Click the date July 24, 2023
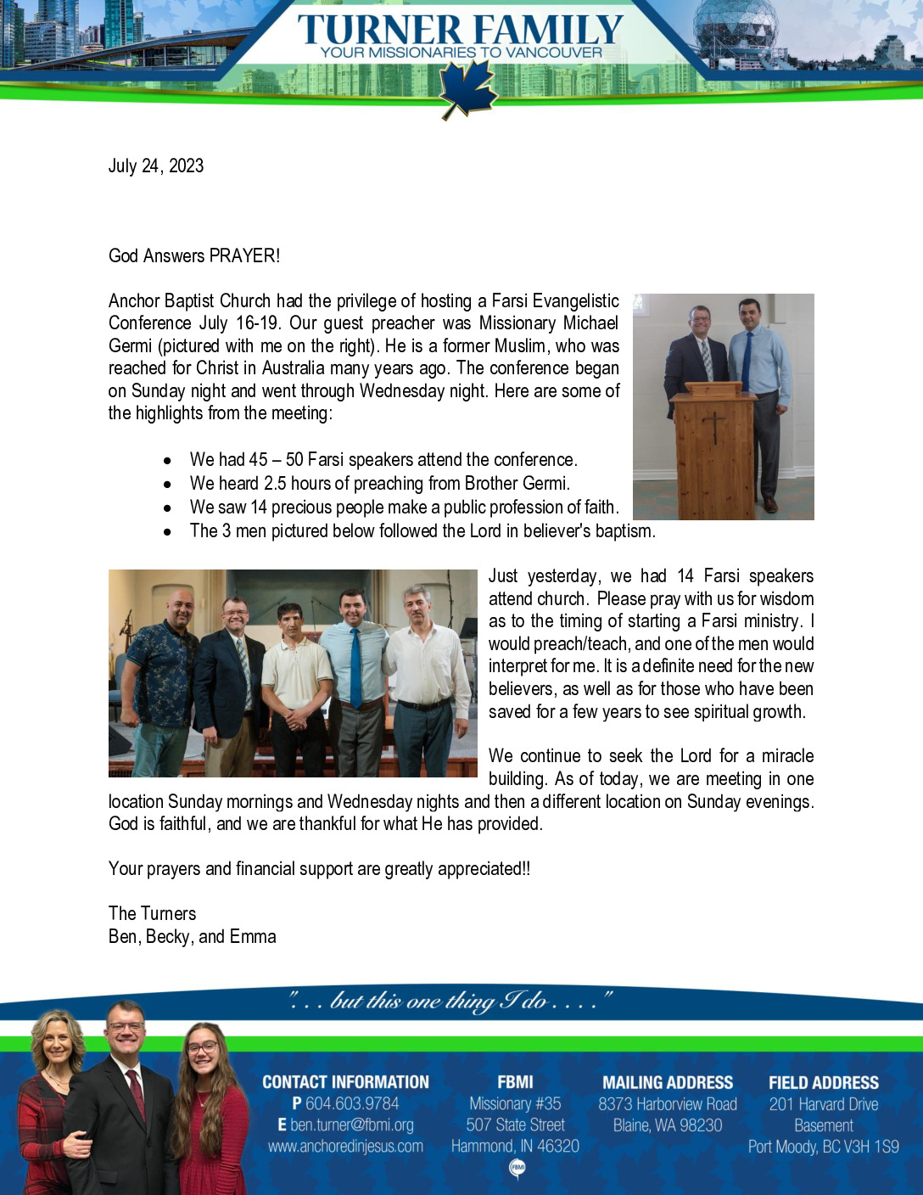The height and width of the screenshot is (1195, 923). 156,166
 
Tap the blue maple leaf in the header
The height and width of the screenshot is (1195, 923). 466,90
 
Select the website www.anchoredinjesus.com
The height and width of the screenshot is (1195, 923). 345,1146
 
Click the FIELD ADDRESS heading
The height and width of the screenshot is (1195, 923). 823,1082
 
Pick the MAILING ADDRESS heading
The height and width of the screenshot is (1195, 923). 668,1082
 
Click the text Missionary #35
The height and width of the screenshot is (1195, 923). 515,1103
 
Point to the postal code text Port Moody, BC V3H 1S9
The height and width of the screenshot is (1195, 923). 823,1147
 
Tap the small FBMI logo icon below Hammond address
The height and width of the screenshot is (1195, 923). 517,1169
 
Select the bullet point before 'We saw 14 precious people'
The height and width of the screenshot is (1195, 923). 168,508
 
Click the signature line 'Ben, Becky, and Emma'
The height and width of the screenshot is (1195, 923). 193,936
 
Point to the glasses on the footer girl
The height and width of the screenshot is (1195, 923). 203,1047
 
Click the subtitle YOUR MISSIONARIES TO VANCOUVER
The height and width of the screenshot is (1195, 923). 461,53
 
